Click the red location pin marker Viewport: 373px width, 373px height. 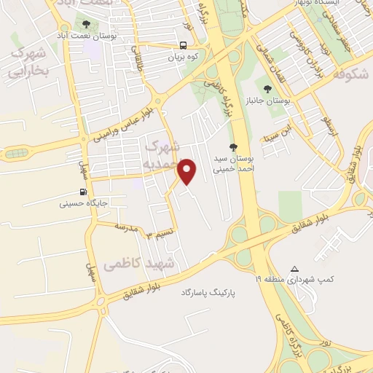[188, 172]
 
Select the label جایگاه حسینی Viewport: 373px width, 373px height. [85, 204]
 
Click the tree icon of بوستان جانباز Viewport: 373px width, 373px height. [268, 90]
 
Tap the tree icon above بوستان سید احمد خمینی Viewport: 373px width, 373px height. [233, 148]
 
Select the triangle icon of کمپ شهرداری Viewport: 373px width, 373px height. [294, 268]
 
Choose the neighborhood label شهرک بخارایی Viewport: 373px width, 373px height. [28, 62]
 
